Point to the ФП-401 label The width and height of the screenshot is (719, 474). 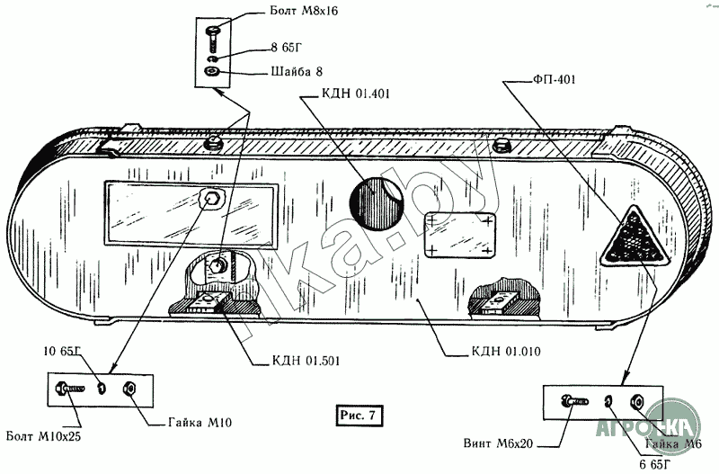[x=547, y=80]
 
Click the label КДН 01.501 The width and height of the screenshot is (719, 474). [x=306, y=361]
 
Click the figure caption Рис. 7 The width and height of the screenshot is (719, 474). [x=359, y=415]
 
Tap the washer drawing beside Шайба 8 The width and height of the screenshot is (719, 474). [x=213, y=72]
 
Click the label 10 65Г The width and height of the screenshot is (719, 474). [x=61, y=352]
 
